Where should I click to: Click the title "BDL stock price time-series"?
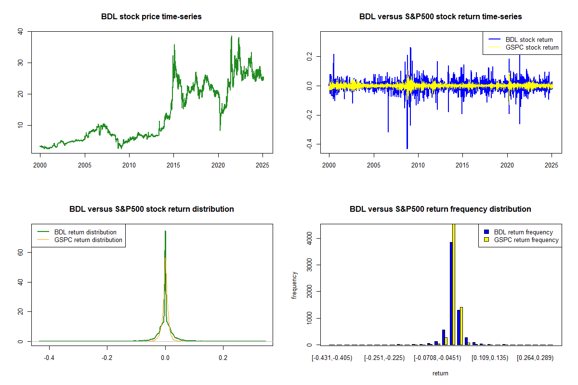pyautogui.click(x=151, y=17)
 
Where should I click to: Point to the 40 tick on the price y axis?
pyautogui.click(x=20, y=32)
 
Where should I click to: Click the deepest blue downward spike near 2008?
pyautogui.click(x=407, y=148)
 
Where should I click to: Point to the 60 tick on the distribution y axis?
pyautogui.click(x=20, y=252)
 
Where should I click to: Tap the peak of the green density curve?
pyautogui.click(x=165, y=231)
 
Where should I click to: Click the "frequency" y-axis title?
pyautogui.click(x=294, y=285)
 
